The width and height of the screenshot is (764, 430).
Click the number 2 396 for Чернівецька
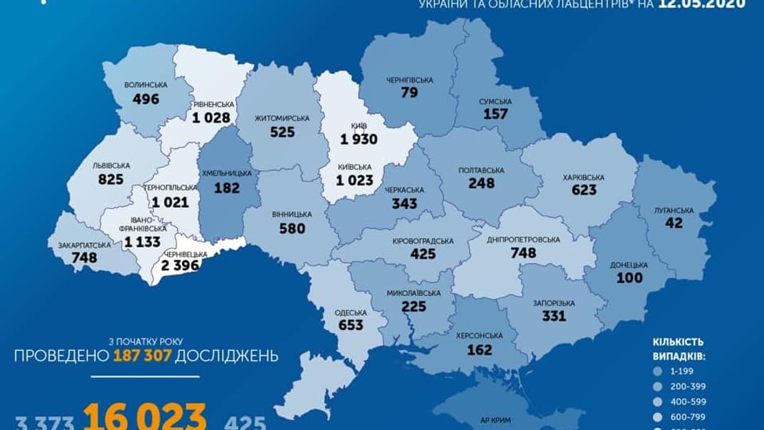coord(183,266)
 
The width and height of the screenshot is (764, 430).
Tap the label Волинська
coord(145,85)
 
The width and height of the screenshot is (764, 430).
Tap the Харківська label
coord(583,177)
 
